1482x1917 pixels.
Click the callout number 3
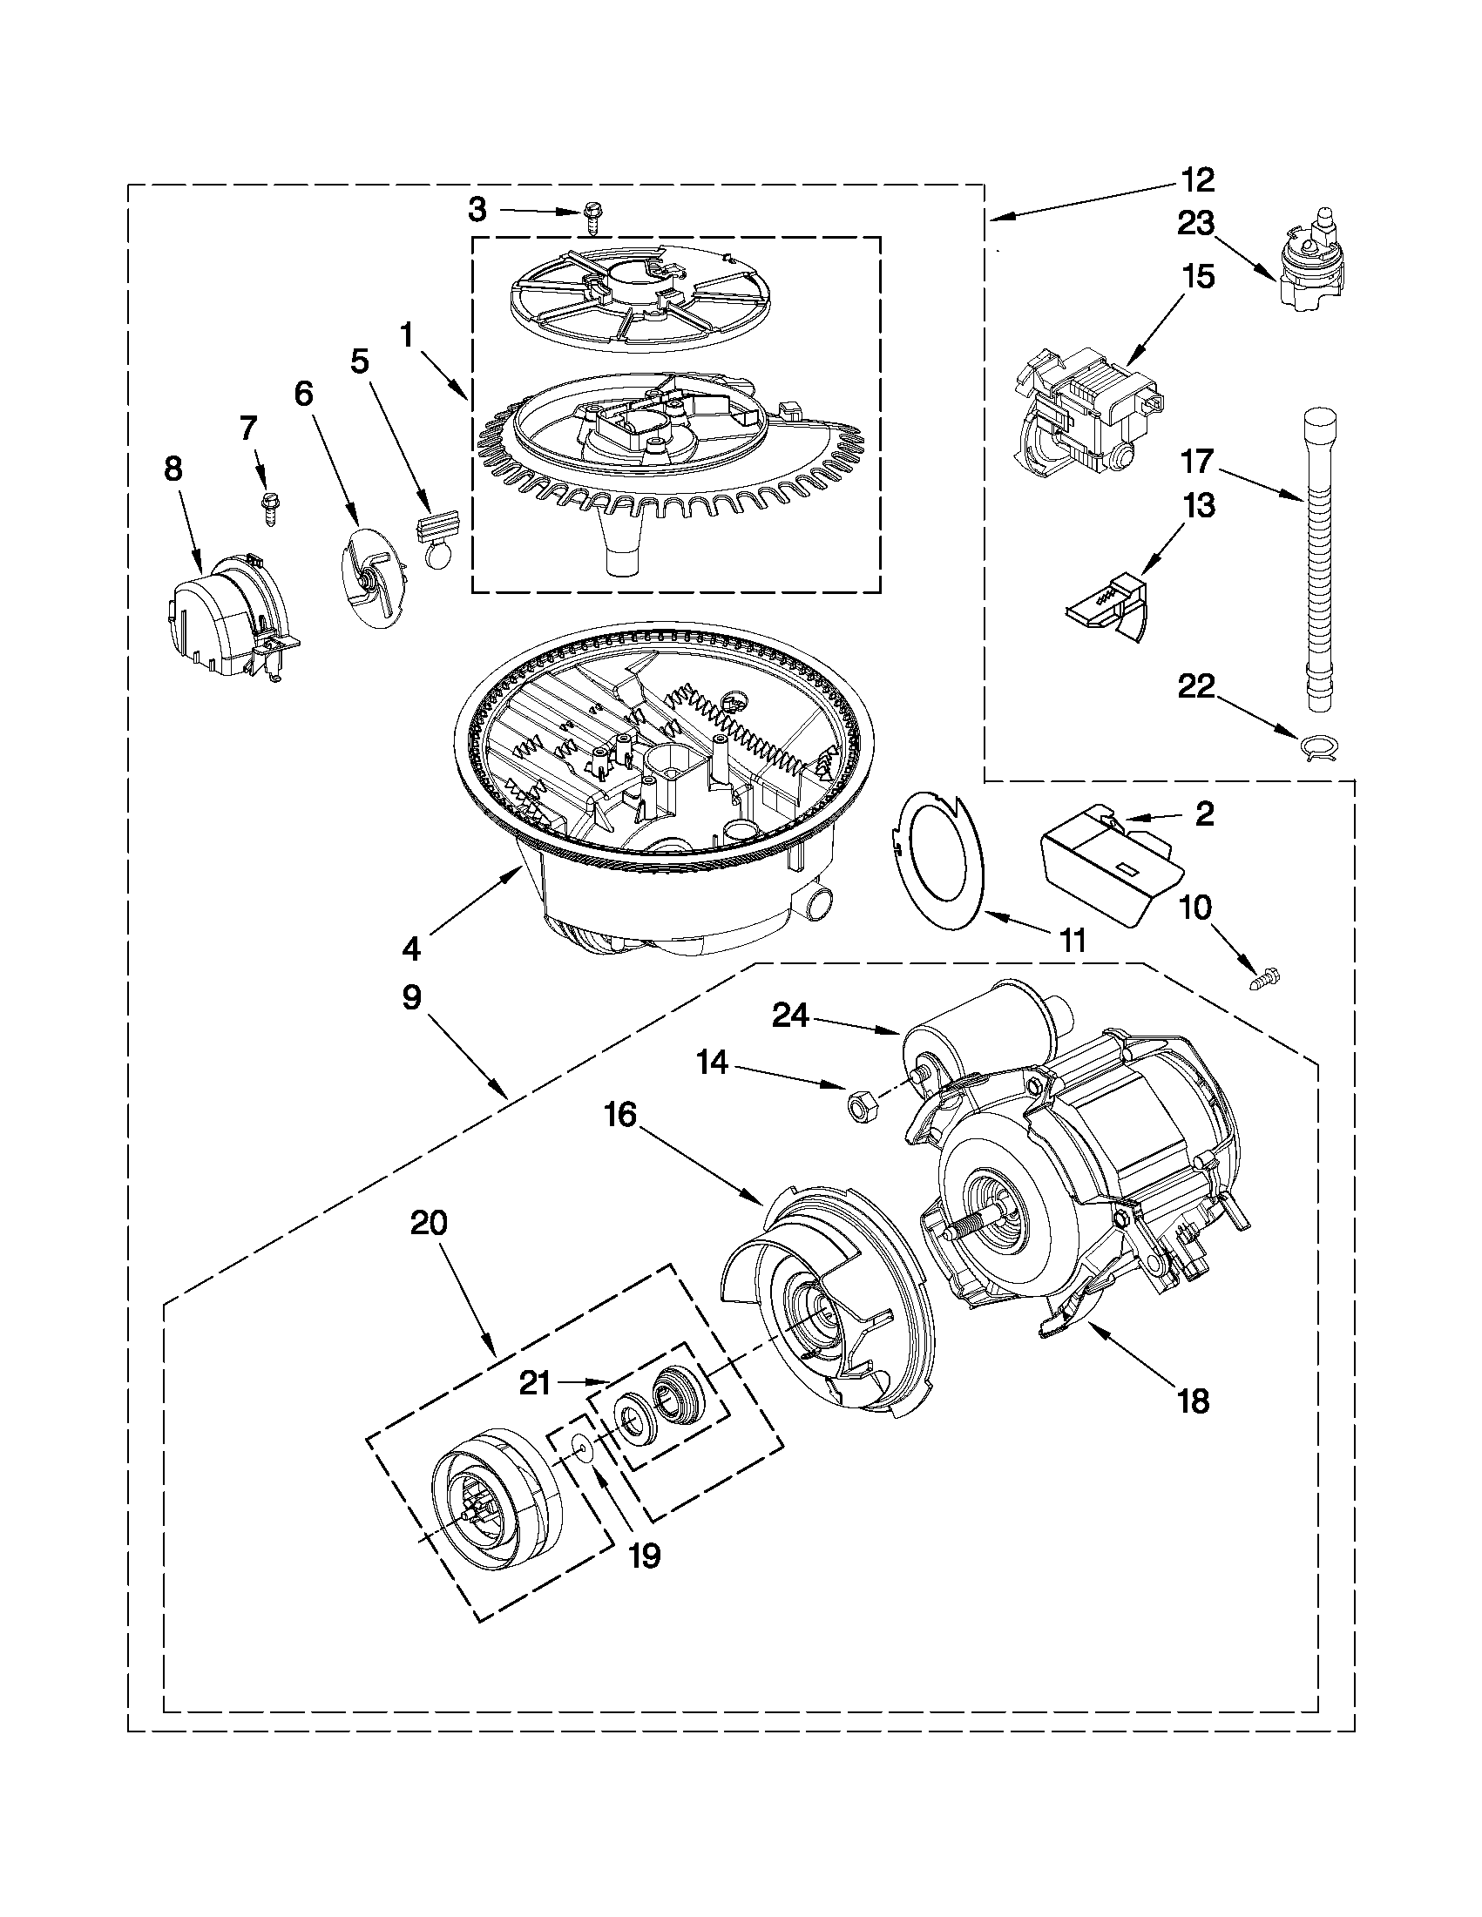click(x=477, y=210)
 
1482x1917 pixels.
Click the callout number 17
click(x=1198, y=461)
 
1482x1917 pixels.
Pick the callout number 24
click(x=790, y=1016)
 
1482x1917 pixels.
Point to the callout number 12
click(x=1198, y=180)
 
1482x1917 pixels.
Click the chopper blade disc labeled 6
click(x=373, y=575)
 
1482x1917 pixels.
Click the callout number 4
click(x=411, y=947)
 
